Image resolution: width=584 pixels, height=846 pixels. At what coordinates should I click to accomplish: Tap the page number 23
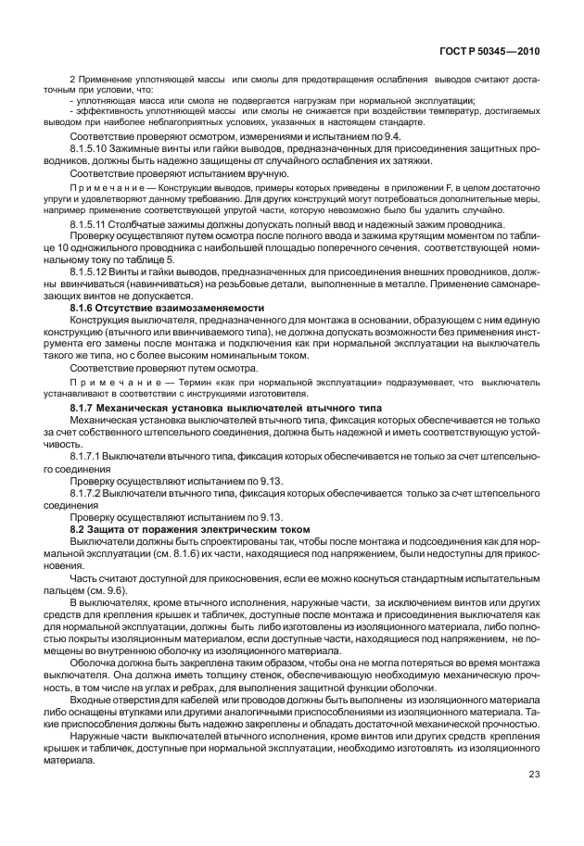534,775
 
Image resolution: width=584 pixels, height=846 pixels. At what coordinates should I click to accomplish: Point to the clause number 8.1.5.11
89,224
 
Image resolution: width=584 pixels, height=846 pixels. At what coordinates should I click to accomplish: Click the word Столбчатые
138,224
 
